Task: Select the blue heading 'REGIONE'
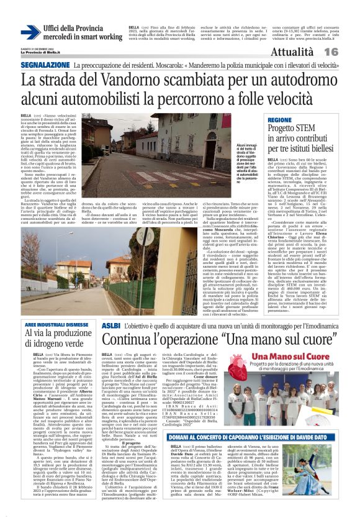coord(279,119)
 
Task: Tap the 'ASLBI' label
coord(110,325)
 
